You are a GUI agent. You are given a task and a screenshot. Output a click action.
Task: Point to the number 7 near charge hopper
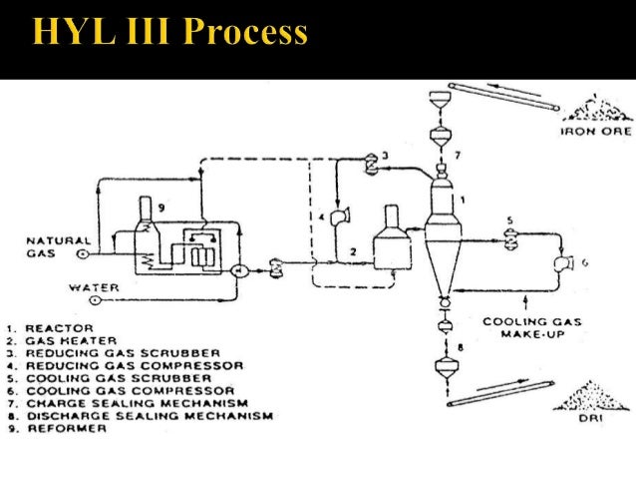pyautogui.click(x=458, y=157)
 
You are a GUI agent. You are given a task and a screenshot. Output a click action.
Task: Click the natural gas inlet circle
pyautogui.click(x=82, y=254)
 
